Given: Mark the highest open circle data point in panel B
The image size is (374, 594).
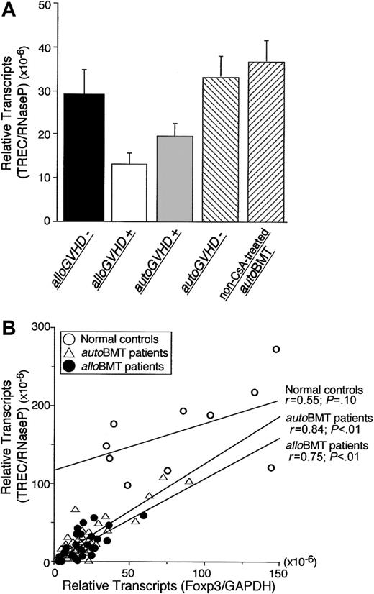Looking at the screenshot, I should (x=275, y=349).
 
